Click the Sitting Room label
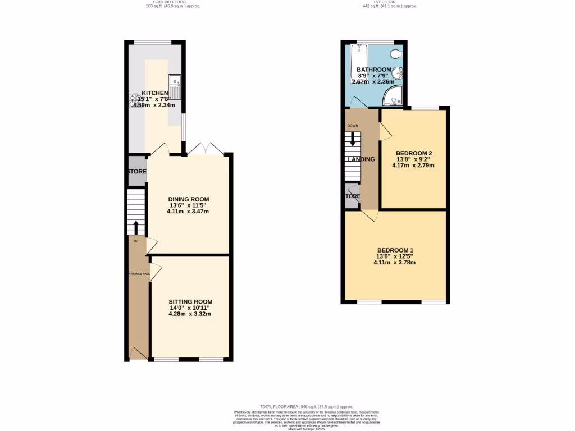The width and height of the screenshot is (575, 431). click(x=190, y=302)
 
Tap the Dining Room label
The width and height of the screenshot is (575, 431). click(x=189, y=199)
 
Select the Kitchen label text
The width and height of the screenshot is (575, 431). click(x=154, y=93)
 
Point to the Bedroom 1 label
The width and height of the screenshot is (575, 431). click(x=395, y=250)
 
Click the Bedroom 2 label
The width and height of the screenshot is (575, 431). click(x=413, y=153)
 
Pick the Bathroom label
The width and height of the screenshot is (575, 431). click(x=374, y=70)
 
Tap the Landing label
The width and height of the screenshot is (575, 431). click(x=361, y=159)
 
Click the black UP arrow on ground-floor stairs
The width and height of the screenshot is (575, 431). click(x=136, y=227)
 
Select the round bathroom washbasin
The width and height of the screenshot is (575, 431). click(x=398, y=73)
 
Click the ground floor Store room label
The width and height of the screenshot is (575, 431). click(x=137, y=172)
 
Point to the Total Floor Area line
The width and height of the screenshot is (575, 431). click(x=305, y=406)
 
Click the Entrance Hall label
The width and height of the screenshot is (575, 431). click(x=138, y=274)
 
